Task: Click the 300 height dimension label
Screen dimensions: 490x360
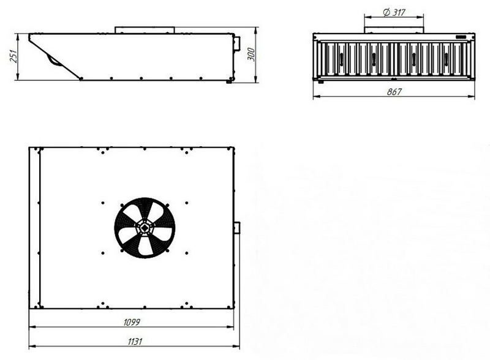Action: pyautogui.click(x=252, y=54)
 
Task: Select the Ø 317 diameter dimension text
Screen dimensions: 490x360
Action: pyautogui.click(x=394, y=12)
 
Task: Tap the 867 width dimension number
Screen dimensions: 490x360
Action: pyautogui.click(x=394, y=92)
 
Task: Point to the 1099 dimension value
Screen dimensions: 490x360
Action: pyautogui.click(x=132, y=322)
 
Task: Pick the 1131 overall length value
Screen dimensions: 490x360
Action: pyautogui.click(x=135, y=341)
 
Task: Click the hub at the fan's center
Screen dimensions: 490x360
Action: pyautogui.click(x=145, y=228)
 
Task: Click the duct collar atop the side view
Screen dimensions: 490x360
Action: pyautogui.click(x=145, y=30)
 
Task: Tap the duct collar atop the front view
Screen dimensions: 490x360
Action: pyautogui.click(x=394, y=30)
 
